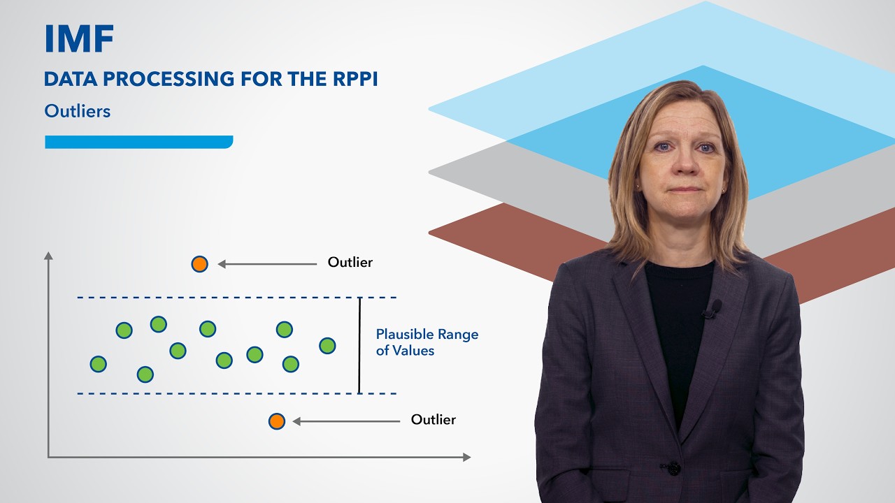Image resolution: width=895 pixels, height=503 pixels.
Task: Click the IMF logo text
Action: point(79,38)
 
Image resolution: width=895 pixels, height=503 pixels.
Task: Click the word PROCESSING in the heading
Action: point(169,79)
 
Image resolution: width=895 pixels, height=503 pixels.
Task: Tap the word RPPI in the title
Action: point(355,79)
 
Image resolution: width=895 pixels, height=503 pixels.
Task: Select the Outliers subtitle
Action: point(77,111)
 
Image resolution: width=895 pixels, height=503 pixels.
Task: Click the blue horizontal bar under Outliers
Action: point(138,142)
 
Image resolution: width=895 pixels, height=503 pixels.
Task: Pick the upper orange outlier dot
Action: point(199,264)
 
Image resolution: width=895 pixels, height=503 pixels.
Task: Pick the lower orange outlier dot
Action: point(276,421)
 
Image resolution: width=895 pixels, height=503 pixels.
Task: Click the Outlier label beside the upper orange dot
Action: point(350,262)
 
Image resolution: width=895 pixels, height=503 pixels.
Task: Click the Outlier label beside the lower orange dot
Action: point(433,420)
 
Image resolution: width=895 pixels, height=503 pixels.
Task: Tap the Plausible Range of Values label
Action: point(427,342)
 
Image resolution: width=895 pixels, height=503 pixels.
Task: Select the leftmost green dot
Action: point(99,364)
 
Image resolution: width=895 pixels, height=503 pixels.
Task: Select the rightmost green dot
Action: point(327,346)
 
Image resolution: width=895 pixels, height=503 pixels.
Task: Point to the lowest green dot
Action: point(145,374)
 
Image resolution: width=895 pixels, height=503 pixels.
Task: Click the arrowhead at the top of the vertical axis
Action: point(48,256)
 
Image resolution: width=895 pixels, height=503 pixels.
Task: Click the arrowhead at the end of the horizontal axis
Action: point(466,457)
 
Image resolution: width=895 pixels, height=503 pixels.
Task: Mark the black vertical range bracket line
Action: point(359,346)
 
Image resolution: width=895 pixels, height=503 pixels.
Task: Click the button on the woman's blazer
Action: point(673,468)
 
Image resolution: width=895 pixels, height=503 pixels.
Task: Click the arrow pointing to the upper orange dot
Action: point(267,264)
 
